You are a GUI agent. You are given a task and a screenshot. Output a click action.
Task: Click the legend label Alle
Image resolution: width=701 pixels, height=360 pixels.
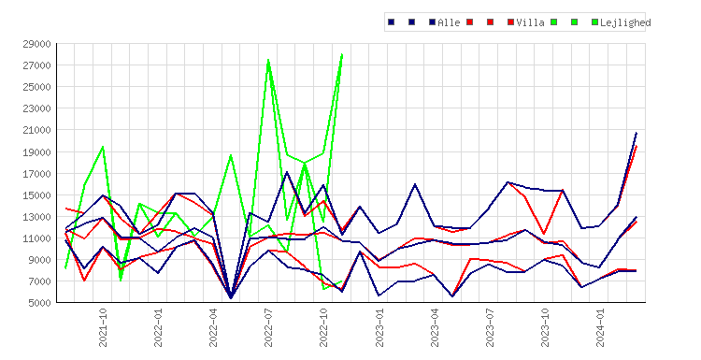(x=449, y=22)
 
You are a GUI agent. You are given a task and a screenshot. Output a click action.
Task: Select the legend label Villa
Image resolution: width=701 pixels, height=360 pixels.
(x=530, y=22)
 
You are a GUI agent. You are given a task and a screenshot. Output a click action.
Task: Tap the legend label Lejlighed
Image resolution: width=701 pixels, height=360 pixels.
(x=625, y=22)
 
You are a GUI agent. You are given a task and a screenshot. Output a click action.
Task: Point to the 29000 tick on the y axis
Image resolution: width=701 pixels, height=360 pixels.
(x=36, y=44)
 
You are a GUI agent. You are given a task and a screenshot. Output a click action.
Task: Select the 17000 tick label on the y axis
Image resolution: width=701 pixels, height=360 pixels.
(x=36, y=174)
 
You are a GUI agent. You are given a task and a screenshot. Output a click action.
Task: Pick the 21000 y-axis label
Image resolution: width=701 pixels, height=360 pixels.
(x=36, y=130)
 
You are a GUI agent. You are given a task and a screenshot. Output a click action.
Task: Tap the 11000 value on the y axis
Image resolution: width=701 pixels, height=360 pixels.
(x=36, y=238)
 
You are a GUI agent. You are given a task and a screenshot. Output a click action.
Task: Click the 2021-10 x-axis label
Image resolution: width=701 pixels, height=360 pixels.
(x=103, y=327)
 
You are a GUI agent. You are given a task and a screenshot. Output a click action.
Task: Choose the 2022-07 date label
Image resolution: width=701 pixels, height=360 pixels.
(x=268, y=327)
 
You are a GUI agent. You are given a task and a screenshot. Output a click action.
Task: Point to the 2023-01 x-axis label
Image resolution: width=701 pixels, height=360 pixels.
(x=379, y=327)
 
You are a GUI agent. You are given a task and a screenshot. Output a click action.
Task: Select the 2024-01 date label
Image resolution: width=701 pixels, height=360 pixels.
(x=600, y=327)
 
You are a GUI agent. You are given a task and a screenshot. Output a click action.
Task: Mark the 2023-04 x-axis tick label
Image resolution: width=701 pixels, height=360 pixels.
(x=435, y=327)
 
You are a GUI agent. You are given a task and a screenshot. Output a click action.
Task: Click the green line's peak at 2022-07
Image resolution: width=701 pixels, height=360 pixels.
(x=268, y=60)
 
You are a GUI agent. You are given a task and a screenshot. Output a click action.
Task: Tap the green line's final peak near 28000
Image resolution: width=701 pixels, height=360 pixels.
(x=342, y=54)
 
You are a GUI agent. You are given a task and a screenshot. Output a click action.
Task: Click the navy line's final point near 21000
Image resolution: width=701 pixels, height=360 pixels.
(x=637, y=133)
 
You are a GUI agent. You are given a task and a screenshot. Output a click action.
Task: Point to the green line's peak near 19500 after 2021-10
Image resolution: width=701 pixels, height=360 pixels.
(x=103, y=147)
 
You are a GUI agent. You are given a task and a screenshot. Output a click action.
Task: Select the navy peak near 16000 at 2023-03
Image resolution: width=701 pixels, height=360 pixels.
(x=415, y=184)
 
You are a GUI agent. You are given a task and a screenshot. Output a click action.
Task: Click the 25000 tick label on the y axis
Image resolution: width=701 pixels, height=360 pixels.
(x=36, y=87)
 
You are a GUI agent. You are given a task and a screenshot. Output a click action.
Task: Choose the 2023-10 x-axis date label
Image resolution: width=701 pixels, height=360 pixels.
(x=545, y=327)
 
